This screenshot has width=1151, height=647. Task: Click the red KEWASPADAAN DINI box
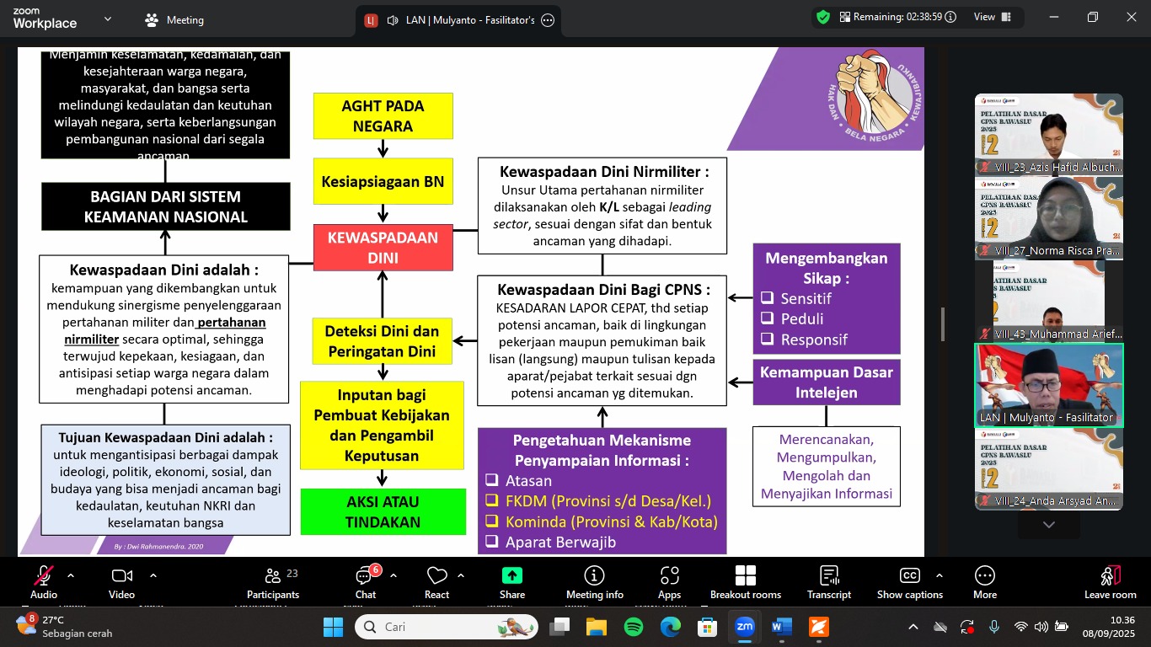[x=383, y=248]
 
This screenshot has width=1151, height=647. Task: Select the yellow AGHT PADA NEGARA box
[x=383, y=116]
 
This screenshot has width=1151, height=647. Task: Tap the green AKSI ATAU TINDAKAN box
[x=383, y=511]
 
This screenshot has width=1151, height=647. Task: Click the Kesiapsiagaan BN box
[x=383, y=182]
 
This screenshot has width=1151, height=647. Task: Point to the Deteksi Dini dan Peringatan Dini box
[x=383, y=341]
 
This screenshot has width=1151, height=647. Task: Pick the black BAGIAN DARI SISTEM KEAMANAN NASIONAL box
[x=165, y=206]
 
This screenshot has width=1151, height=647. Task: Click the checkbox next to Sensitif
[x=767, y=298]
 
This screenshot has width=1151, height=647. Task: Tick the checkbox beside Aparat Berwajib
[x=492, y=543]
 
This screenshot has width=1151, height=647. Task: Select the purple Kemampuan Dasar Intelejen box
[x=826, y=382]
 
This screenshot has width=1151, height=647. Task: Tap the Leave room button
[x=1110, y=581]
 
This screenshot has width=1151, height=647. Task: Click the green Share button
[x=511, y=581]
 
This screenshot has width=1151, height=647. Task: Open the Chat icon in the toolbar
[x=365, y=581]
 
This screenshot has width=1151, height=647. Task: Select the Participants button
[x=272, y=581]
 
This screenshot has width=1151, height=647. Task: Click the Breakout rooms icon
[x=745, y=581]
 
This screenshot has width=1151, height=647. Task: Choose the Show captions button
[x=909, y=581]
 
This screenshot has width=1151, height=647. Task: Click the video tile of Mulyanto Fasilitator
[x=1048, y=385]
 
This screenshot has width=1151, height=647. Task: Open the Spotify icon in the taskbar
[x=634, y=627]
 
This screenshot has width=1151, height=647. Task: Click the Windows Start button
[x=333, y=627]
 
